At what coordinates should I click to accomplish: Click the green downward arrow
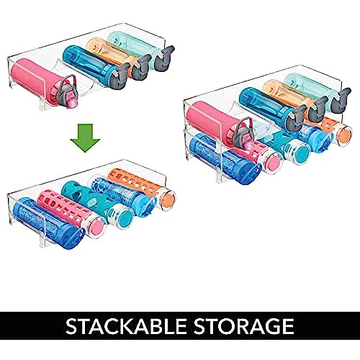pos(85,138)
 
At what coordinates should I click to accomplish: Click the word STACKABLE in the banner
pos(127,326)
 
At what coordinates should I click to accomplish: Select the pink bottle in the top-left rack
pos(43,83)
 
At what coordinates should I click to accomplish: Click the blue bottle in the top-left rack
pos(94,66)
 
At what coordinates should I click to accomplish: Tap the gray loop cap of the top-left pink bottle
pos(68,92)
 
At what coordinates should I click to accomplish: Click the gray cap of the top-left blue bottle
pos(120,76)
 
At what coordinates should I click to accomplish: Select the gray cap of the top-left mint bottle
pos(164,58)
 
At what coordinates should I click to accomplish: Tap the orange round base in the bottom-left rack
pos(166,199)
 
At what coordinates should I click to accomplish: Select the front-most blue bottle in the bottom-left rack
pos(48,223)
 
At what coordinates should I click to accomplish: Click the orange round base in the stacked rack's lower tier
pos(343,134)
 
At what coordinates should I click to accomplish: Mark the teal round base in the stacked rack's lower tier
pos(300,153)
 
